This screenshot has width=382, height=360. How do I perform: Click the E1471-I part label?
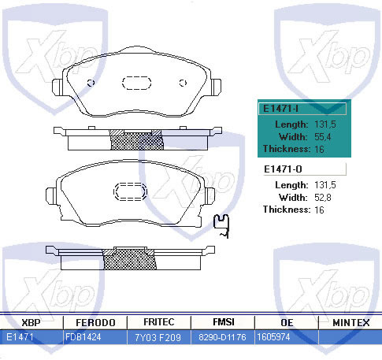[x=280, y=109]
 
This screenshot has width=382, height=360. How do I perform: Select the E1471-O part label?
[x=283, y=169]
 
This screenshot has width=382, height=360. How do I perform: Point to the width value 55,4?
[x=323, y=137]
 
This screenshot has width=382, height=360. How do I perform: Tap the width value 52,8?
[x=323, y=198]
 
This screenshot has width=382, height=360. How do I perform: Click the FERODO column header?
[x=95, y=323]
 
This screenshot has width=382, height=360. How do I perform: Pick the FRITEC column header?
[x=159, y=322]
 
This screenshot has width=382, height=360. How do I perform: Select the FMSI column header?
[x=224, y=322]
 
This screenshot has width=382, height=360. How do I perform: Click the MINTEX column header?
[x=351, y=323]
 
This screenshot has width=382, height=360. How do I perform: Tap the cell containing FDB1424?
[x=83, y=337]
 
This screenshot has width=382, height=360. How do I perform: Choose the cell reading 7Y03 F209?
[x=158, y=337]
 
